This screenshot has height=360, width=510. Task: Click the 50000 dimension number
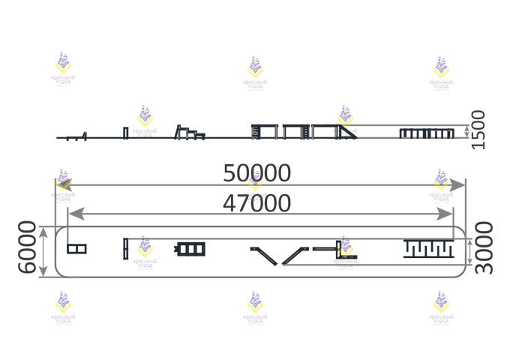(x=256, y=173)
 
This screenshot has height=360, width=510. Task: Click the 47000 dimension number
(x=256, y=203)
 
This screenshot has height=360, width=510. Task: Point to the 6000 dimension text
(x=28, y=247)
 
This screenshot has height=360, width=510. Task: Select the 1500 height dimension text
(x=478, y=130)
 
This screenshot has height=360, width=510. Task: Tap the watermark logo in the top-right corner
(x=442, y=72)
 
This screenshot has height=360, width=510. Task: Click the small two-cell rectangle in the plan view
(x=76, y=248)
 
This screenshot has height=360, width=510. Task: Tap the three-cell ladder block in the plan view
(x=190, y=248)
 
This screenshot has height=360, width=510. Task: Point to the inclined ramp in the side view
(x=347, y=132)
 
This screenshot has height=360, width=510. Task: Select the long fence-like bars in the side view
(x=427, y=133)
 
